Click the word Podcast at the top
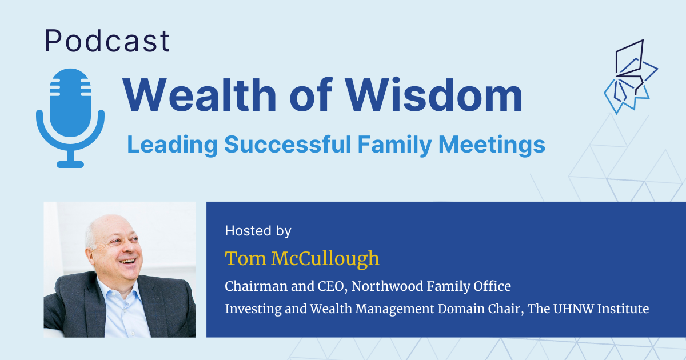click(x=107, y=41)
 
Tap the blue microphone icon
click(x=70, y=109)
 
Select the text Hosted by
click(x=258, y=231)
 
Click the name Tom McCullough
click(x=302, y=258)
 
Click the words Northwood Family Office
click(x=431, y=286)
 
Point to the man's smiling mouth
click(x=128, y=262)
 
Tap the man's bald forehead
click(x=103, y=226)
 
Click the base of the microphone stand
click(x=70, y=163)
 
